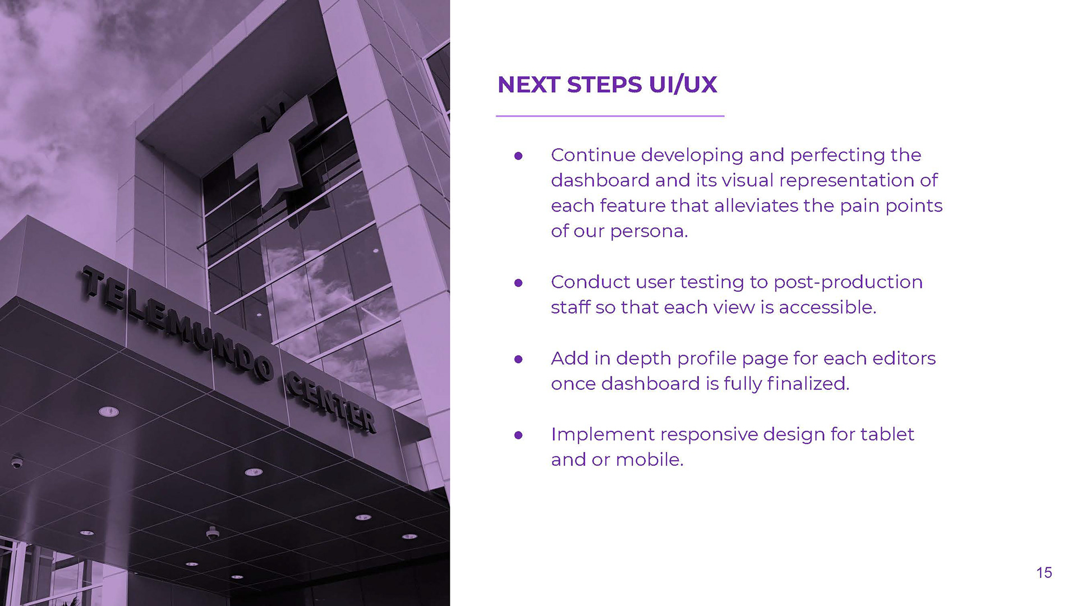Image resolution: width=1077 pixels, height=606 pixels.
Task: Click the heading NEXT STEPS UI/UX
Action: (607, 85)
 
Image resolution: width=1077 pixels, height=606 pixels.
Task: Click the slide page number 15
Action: (1044, 572)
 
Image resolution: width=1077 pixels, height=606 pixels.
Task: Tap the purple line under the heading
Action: (610, 116)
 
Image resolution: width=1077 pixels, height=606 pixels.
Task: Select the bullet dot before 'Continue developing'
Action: (518, 155)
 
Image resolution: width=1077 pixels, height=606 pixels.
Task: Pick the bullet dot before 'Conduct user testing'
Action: (518, 282)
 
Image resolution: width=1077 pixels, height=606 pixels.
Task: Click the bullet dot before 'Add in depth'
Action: (518, 359)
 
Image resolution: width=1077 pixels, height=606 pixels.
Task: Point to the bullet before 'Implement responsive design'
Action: (518, 435)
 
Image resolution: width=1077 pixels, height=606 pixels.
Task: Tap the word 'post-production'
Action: (848, 282)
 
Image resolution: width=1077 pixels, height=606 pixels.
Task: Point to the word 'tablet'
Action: (887, 434)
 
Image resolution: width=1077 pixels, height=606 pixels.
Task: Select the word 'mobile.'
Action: (650, 460)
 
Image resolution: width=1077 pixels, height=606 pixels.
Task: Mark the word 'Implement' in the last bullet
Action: (602, 435)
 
